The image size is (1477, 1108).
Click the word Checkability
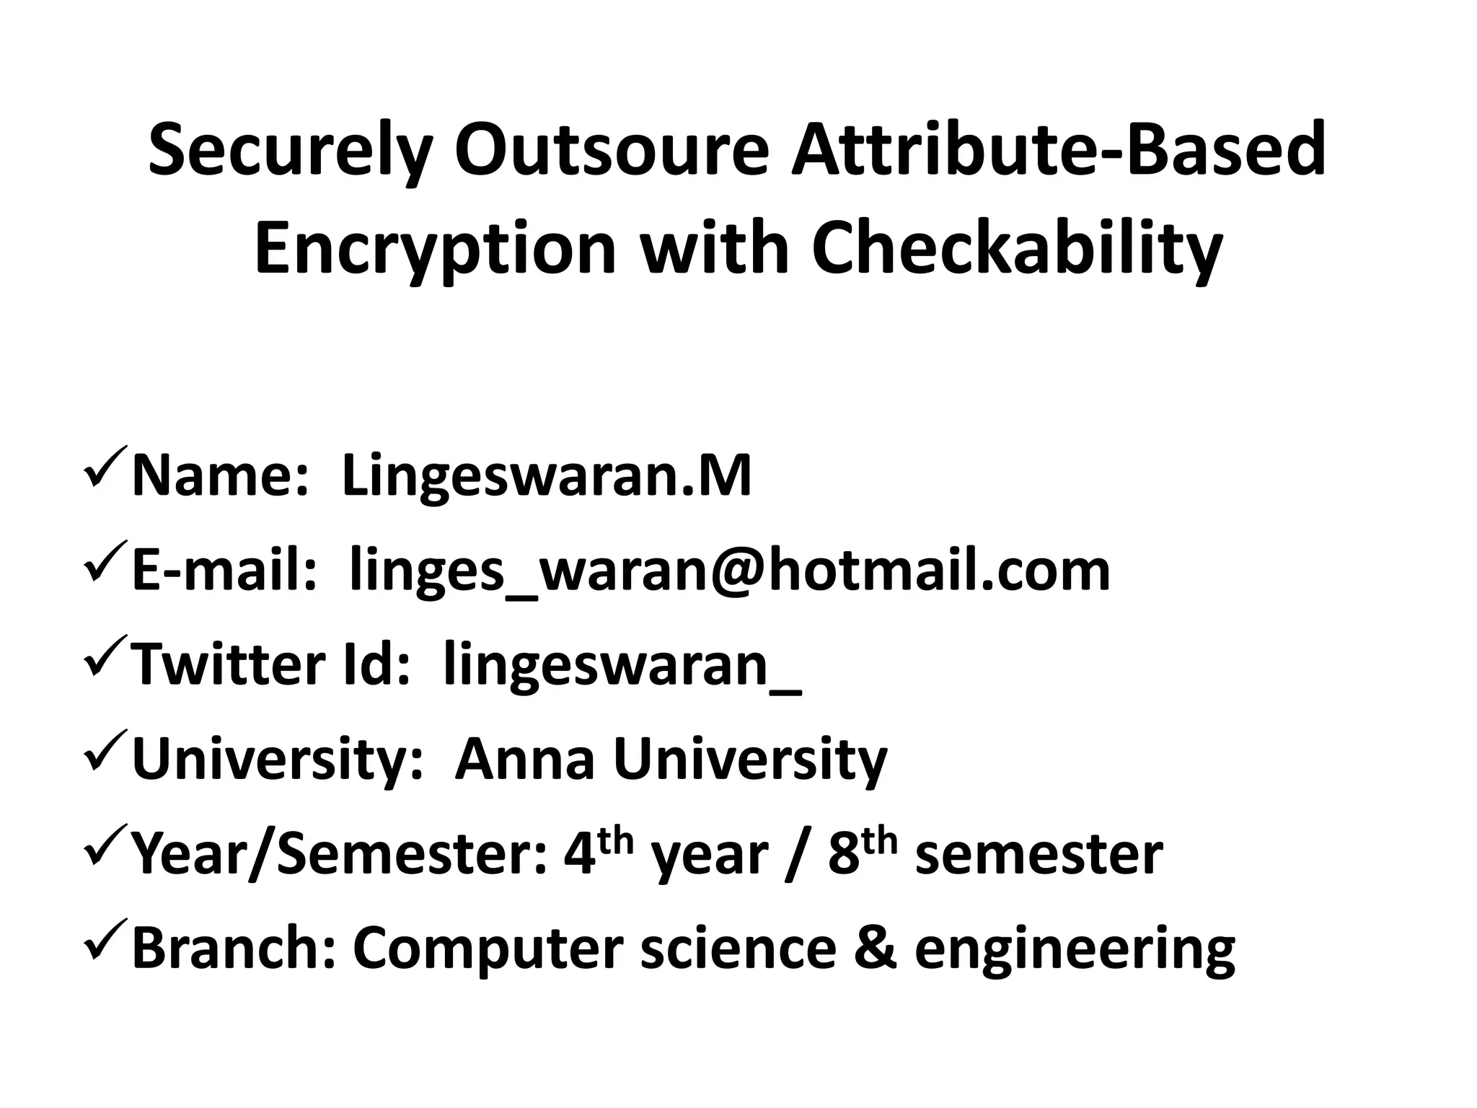[x=1017, y=249]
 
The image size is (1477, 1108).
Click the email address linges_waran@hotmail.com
[x=729, y=571]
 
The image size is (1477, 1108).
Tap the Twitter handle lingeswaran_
[x=622, y=665]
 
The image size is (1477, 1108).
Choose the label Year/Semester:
[x=339, y=854]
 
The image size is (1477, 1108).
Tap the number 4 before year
[x=577, y=856]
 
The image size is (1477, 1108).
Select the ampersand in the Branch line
[x=875, y=948]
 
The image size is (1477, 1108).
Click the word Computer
[x=488, y=949]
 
